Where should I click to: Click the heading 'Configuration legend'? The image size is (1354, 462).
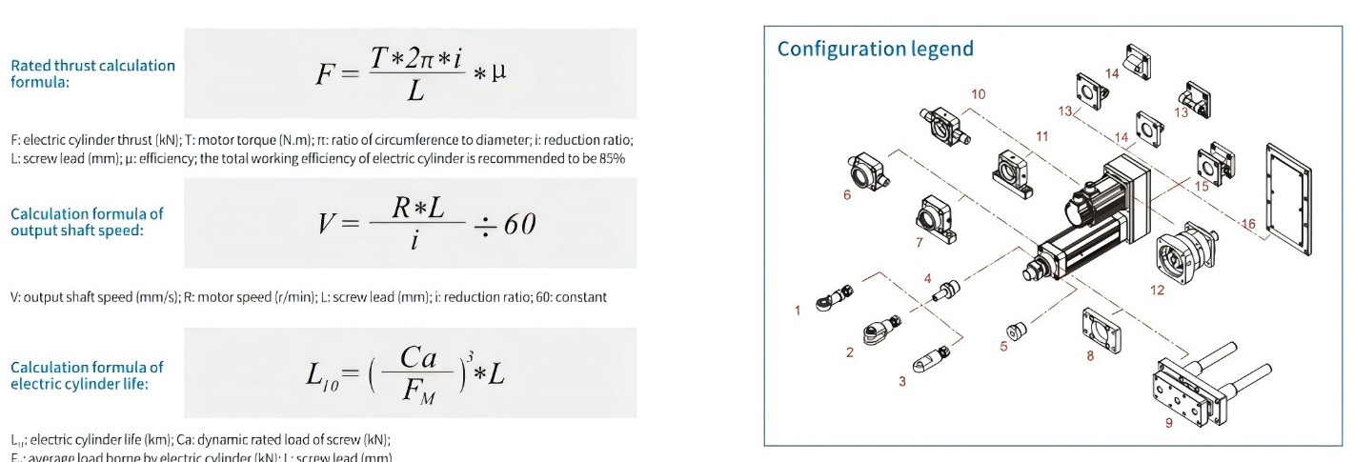tap(875, 49)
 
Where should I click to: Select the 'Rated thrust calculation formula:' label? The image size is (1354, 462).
tap(92, 73)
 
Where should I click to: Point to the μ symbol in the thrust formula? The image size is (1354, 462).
tap(498, 71)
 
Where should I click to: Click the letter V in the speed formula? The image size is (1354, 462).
tap(329, 224)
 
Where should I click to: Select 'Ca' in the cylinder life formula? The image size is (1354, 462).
tap(417, 357)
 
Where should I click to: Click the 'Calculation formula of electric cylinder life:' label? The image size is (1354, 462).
tap(87, 375)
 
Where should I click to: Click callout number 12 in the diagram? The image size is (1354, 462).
tap(1156, 291)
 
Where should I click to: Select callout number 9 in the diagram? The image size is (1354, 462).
tap(1168, 424)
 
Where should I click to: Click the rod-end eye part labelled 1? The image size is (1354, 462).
tap(826, 299)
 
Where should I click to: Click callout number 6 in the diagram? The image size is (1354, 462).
tap(846, 195)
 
